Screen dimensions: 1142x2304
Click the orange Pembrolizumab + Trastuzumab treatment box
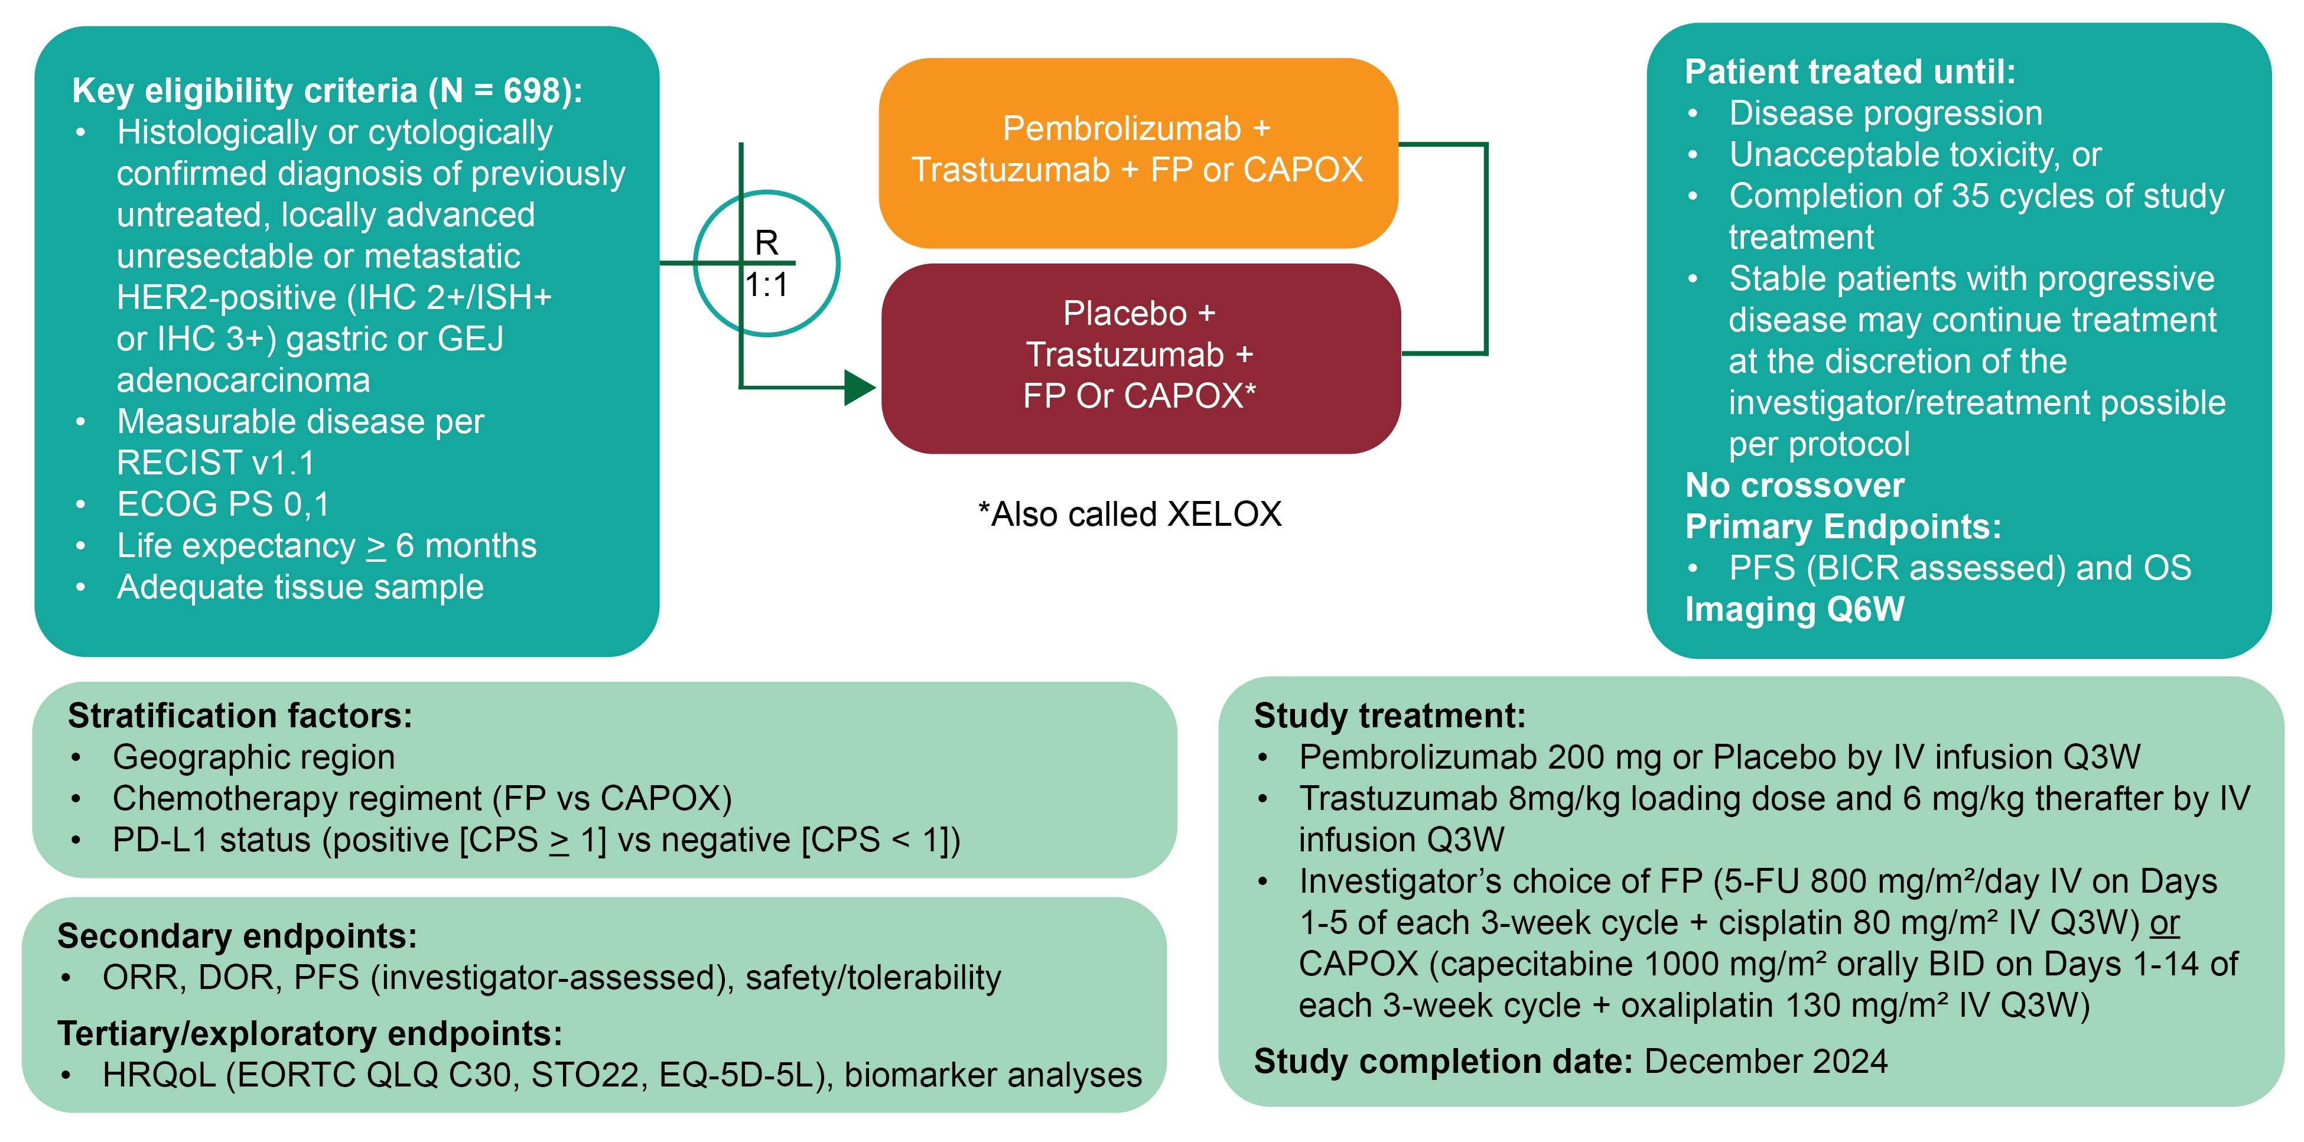1138,152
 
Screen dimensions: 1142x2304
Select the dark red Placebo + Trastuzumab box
1140,357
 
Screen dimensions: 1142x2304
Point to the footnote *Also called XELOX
1130,514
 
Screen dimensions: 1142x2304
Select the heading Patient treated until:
1850,71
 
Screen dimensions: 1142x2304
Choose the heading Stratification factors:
240,715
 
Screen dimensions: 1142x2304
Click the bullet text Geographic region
253,757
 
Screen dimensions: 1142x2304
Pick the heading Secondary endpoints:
237,935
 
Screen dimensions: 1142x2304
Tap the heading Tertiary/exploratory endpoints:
310,1033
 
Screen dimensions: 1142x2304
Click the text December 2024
1766,1062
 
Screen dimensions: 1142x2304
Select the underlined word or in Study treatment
2165,923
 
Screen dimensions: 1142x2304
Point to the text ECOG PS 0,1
223,505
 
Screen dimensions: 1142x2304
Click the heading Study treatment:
1389,715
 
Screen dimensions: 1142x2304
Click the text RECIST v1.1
216,463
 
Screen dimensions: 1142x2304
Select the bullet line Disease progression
1885,113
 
